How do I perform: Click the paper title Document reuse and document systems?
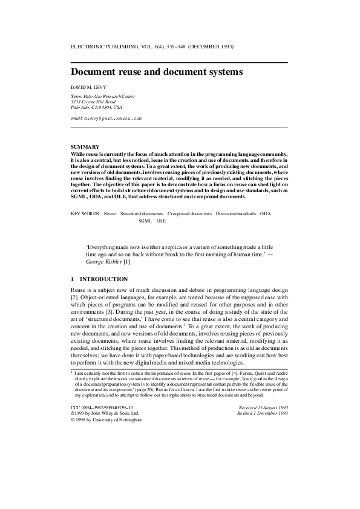pyautogui.click(x=157, y=72)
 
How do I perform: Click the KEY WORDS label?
pyautogui.click(x=85, y=214)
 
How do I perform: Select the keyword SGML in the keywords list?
pyautogui.click(x=145, y=221)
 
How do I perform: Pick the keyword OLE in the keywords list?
pyautogui.click(x=161, y=221)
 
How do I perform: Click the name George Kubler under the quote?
pyautogui.click(x=103, y=261)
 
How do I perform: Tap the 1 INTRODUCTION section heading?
pyautogui.click(x=99, y=279)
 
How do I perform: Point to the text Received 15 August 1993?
pyautogui.click(x=263, y=409)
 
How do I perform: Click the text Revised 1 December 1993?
pyautogui.click(x=263, y=414)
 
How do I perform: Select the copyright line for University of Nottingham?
pyautogui.click(x=108, y=420)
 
